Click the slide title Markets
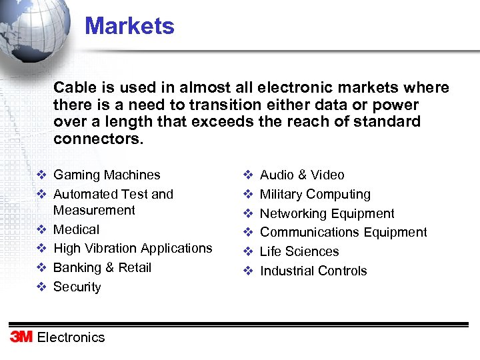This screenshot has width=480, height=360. [x=129, y=27]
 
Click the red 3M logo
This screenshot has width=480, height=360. [x=21, y=337]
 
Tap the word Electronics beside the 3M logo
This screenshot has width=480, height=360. [x=71, y=337]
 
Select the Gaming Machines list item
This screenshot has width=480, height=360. [x=107, y=175]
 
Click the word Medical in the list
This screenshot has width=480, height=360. [x=76, y=229]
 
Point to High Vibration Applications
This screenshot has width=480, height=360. [x=133, y=248]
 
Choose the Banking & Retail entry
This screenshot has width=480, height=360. [x=102, y=267]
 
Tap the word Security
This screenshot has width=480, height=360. [x=77, y=287]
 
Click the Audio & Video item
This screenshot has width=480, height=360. [x=302, y=175]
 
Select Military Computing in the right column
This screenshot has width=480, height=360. [x=315, y=195]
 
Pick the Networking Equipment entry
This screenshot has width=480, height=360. [x=327, y=213]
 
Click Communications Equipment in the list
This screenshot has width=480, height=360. [x=343, y=232]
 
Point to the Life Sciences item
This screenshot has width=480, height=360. [x=299, y=251]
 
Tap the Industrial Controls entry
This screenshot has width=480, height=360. [x=313, y=271]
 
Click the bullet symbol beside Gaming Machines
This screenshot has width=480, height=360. [x=41, y=175]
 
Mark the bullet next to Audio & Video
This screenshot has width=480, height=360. [x=247, y=175]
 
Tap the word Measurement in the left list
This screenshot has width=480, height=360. [x=94, y=211]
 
